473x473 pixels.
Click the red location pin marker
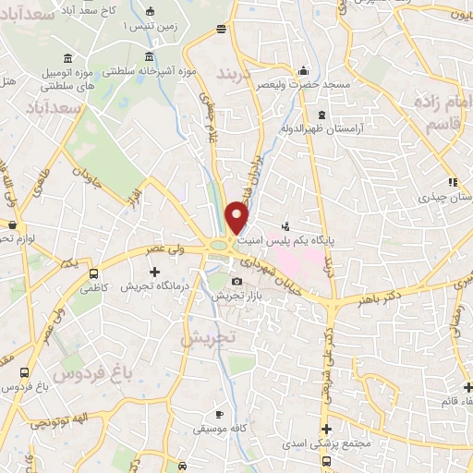(237, 219)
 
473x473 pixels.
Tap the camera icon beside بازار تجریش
(236, 282)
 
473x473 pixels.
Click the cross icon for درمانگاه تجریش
(154, 272)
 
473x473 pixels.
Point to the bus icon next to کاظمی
(93, 274)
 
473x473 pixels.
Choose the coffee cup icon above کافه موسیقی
(218, 414)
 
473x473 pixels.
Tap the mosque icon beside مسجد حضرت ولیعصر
(303, 71)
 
